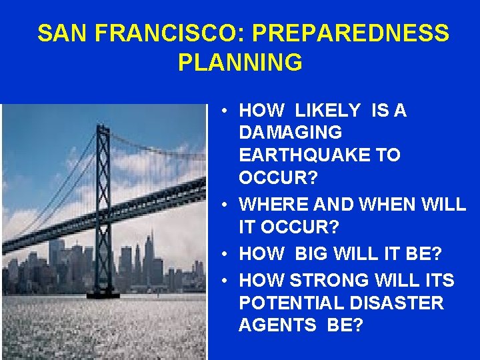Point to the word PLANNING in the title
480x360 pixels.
240,63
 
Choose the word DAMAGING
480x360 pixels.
291,133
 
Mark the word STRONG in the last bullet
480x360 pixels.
327,281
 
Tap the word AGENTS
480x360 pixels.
275,326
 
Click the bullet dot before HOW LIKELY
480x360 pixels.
227,111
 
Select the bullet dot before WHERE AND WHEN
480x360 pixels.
227,205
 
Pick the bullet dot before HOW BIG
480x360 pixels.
227,254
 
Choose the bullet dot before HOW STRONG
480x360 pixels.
227,281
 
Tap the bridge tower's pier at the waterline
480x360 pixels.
104,293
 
